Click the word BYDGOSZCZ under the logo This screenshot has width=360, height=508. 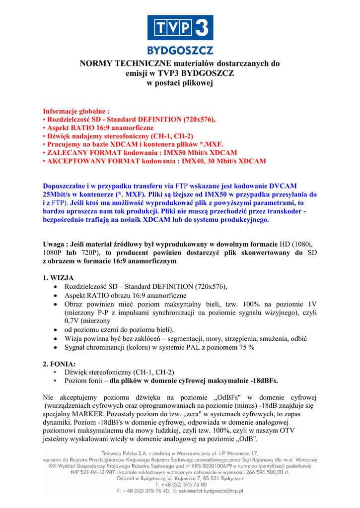click(180, 50)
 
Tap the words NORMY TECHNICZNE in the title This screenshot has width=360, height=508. click(120, 63)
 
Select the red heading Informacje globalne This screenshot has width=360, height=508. click(76, 111)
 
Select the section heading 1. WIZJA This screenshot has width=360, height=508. click(58, 277)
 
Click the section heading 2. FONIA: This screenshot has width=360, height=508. click(59, 364)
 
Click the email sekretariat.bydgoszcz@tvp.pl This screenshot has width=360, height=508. click(207, 491)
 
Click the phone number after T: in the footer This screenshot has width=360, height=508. click(187, 485)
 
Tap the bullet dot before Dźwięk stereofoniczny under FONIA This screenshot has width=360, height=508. click(54, 372)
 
